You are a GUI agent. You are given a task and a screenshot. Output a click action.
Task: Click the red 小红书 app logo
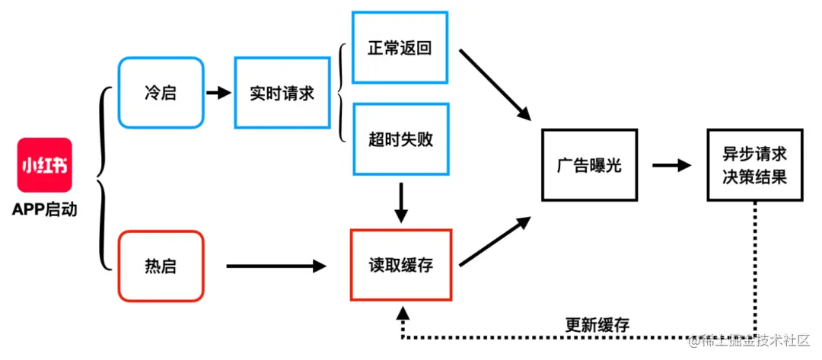click(44, 165)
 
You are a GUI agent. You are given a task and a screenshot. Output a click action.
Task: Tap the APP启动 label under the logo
click(44, 210)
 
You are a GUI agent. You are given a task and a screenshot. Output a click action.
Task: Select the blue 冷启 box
click(161, 93)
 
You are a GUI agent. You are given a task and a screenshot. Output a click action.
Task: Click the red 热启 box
click(161, 266)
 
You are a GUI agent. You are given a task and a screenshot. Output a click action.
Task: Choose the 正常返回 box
click(400, 47)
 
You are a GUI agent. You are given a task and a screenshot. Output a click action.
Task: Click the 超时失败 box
click(400, 139)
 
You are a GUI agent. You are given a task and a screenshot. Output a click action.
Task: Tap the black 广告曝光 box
click(588, 165)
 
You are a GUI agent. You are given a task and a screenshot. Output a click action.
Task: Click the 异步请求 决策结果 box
click(754, 165)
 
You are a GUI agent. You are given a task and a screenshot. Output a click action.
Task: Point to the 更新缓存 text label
click(597, 323)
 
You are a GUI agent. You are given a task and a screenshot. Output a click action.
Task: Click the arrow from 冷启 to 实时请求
click(218, 93)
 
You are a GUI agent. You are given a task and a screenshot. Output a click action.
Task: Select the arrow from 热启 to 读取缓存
click(276, 266)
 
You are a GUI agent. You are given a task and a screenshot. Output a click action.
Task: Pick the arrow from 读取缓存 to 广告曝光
click(495, 241)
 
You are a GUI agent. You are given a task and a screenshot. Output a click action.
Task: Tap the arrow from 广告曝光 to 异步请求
click(671, 165)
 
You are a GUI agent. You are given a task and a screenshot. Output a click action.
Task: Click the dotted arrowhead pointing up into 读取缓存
click(402, 314)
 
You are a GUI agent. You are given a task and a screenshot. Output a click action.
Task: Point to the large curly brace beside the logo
click(104, 179)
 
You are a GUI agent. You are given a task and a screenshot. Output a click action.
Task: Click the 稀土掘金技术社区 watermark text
click(753, 339)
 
